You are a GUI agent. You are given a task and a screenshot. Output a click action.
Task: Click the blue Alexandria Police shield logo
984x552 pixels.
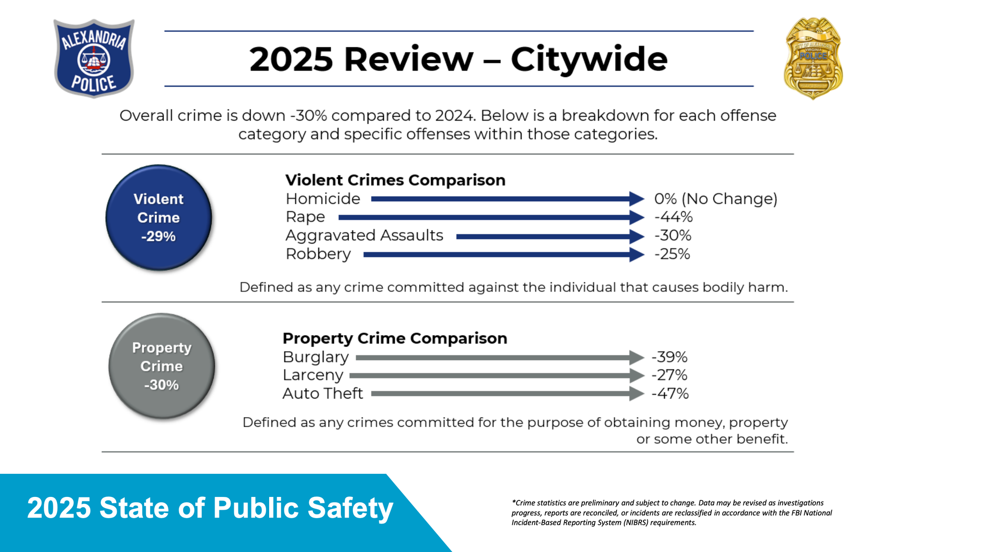click(x=94, y=58)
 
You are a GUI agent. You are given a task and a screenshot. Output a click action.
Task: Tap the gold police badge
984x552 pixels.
click(x=813, y=59)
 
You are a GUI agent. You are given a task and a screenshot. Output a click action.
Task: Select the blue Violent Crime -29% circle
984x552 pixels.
click(x=158, y=217)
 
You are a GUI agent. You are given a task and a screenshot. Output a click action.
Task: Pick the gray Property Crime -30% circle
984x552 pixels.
click(x=161, y=366)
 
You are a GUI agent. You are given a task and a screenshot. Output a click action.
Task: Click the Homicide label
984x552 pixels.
click(x=323, y=199)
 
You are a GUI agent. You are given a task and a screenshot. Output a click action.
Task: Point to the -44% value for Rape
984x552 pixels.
click(x=673, y=217)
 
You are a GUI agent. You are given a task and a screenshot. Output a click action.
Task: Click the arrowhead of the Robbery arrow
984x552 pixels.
click(x=637, y=254)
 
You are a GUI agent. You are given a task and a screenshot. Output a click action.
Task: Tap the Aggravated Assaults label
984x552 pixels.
click(x=364, y=236)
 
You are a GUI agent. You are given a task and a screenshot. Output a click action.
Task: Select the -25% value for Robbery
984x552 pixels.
click(x=672, y=254)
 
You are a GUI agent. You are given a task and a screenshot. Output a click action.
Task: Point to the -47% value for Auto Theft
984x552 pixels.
click(x=670, y=394)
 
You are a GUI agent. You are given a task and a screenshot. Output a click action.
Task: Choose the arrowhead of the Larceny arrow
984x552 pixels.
click(x=637, y=376)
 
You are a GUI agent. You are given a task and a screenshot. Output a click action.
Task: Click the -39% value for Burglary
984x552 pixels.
click(x=669, y=357)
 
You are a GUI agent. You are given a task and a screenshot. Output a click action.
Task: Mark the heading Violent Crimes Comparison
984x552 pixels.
click(x=396, y=180)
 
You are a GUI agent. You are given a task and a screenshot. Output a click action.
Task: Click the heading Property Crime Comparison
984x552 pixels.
click(x=395, y=338)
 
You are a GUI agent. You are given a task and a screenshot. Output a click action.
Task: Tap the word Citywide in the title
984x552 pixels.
click(x=589, y=60)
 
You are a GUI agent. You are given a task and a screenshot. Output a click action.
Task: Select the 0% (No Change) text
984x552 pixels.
click(x=716, y=199)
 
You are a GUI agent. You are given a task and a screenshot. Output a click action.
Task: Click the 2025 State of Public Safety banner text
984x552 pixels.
click(x=210, y=508)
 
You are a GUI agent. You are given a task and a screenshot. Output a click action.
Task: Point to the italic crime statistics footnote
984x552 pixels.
click(x=672, y=513)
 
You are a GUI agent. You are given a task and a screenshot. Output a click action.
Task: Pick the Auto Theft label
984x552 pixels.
click(x=323, y=394)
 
